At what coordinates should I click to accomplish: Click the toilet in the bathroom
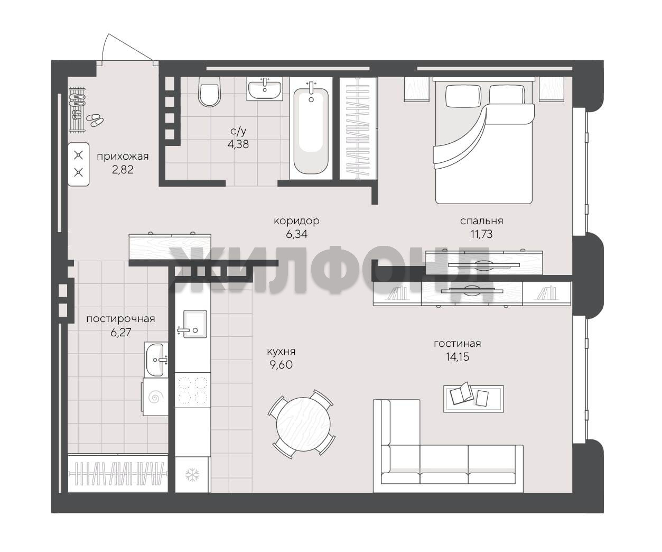209,91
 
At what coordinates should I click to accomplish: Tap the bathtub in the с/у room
311,131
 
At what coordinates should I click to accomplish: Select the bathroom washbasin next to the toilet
264,89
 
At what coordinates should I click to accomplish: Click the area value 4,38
238,144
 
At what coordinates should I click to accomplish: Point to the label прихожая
123,157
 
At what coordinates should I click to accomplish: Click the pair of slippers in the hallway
95,120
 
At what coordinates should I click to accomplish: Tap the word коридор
296,221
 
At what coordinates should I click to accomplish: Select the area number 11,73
481,234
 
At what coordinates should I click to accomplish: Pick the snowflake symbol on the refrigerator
192,475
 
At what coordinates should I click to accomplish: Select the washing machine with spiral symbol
155,397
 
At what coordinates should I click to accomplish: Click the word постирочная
120,319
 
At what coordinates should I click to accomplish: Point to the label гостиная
457,344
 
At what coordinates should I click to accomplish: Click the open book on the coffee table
462,394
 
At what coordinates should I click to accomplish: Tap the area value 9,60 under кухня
281,365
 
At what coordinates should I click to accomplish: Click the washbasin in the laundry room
156,360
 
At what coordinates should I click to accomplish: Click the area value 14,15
457,357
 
